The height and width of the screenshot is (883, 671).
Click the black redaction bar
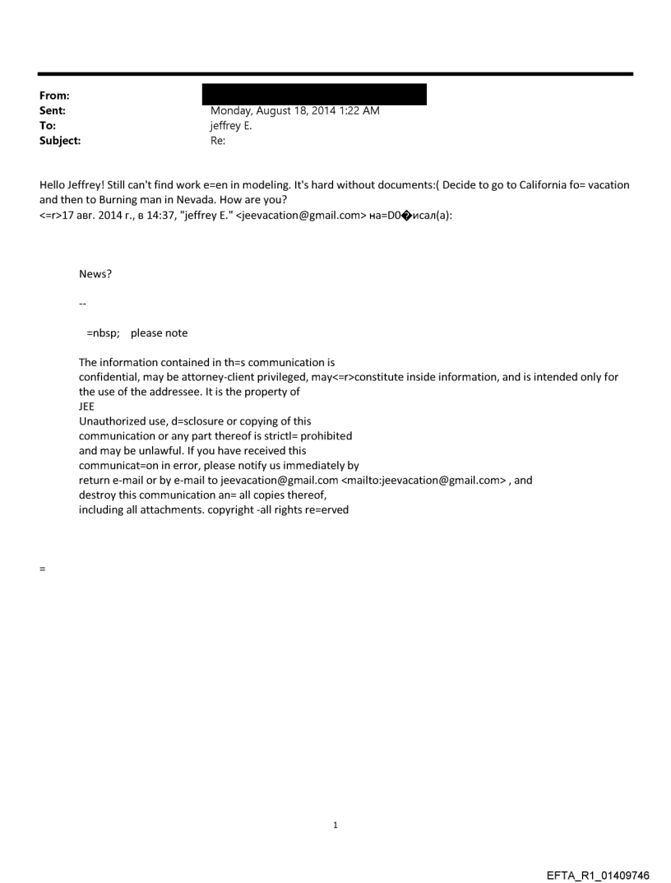314,94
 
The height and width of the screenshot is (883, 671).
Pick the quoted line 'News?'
95,275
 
